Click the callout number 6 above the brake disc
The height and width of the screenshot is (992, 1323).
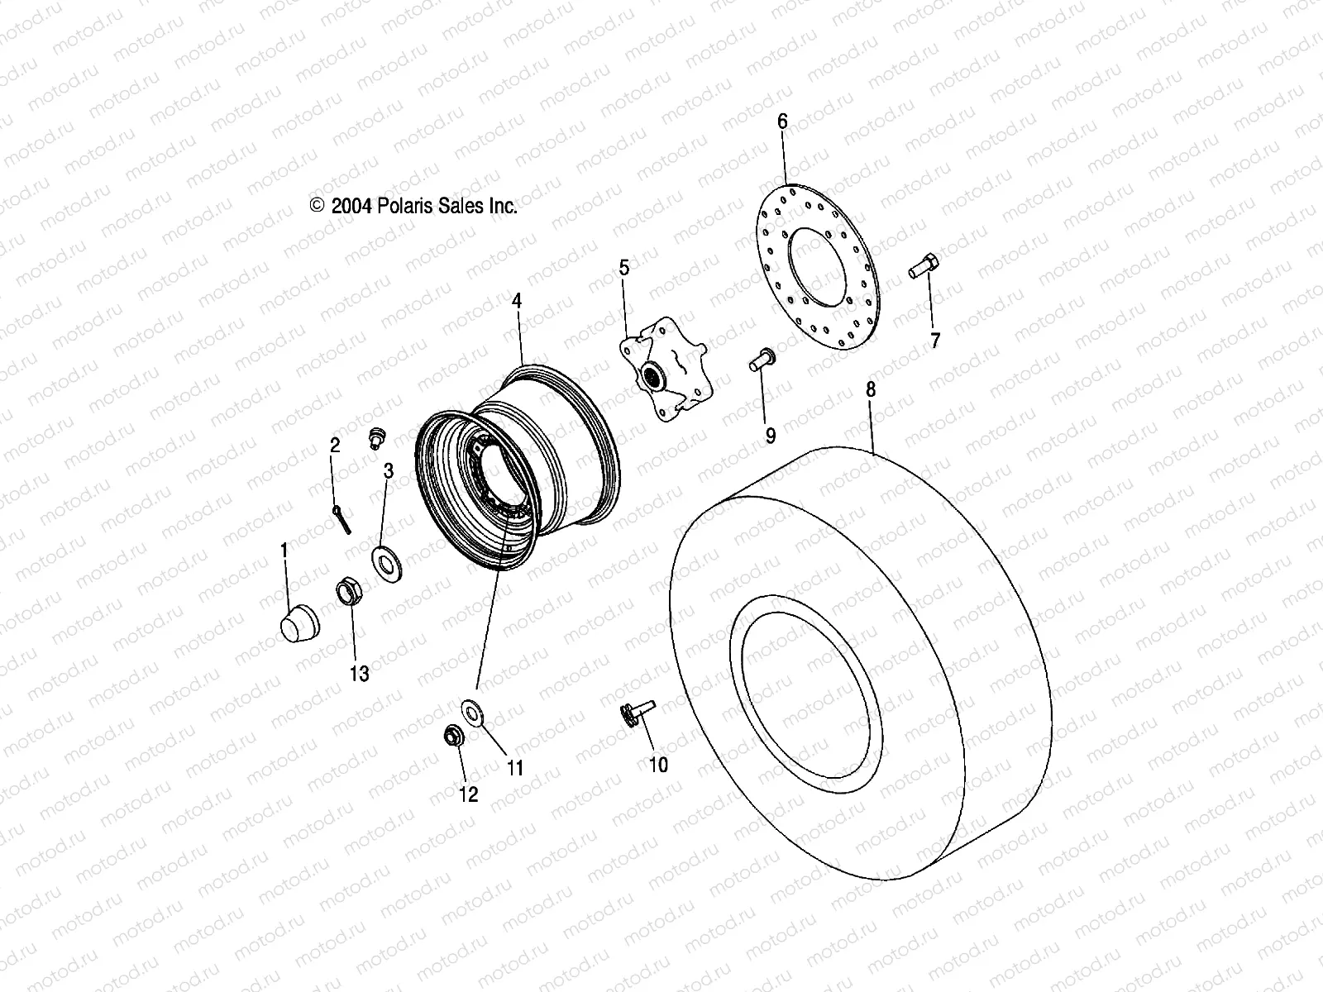coord(782,122)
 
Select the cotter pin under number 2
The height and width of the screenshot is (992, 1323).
coord(344,521)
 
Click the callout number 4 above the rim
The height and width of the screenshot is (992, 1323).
coord(517,302)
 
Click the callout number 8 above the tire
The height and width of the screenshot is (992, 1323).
coord(871,389)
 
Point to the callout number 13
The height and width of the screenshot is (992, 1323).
coord(359,674)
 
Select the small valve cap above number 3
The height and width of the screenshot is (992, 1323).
coord(377,436)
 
